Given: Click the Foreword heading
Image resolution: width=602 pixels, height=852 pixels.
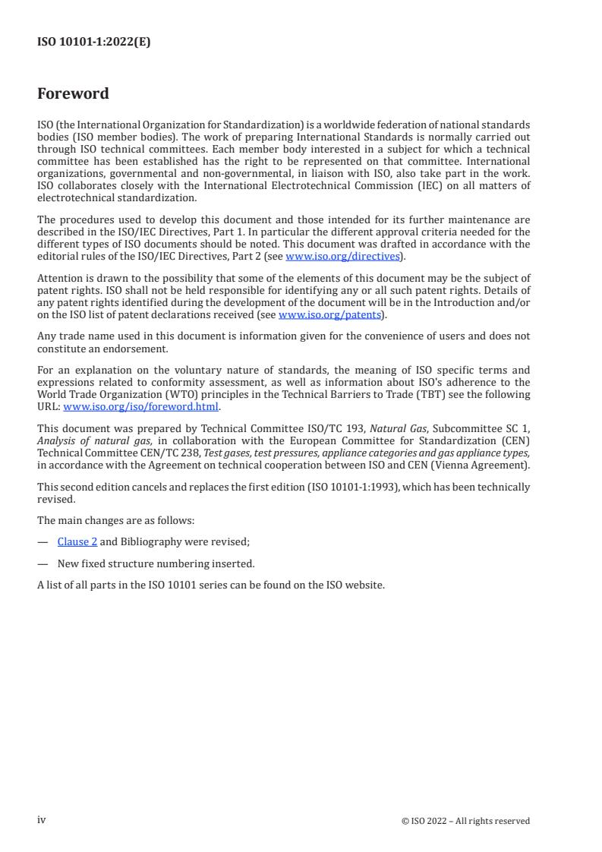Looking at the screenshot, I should tap(73, 94).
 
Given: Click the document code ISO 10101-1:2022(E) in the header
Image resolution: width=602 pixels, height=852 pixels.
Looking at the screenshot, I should tap(93, 43).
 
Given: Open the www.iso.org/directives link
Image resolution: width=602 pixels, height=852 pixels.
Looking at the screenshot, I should tap(342, 257).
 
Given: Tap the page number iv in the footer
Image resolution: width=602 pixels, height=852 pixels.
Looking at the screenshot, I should tap(42, 820).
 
